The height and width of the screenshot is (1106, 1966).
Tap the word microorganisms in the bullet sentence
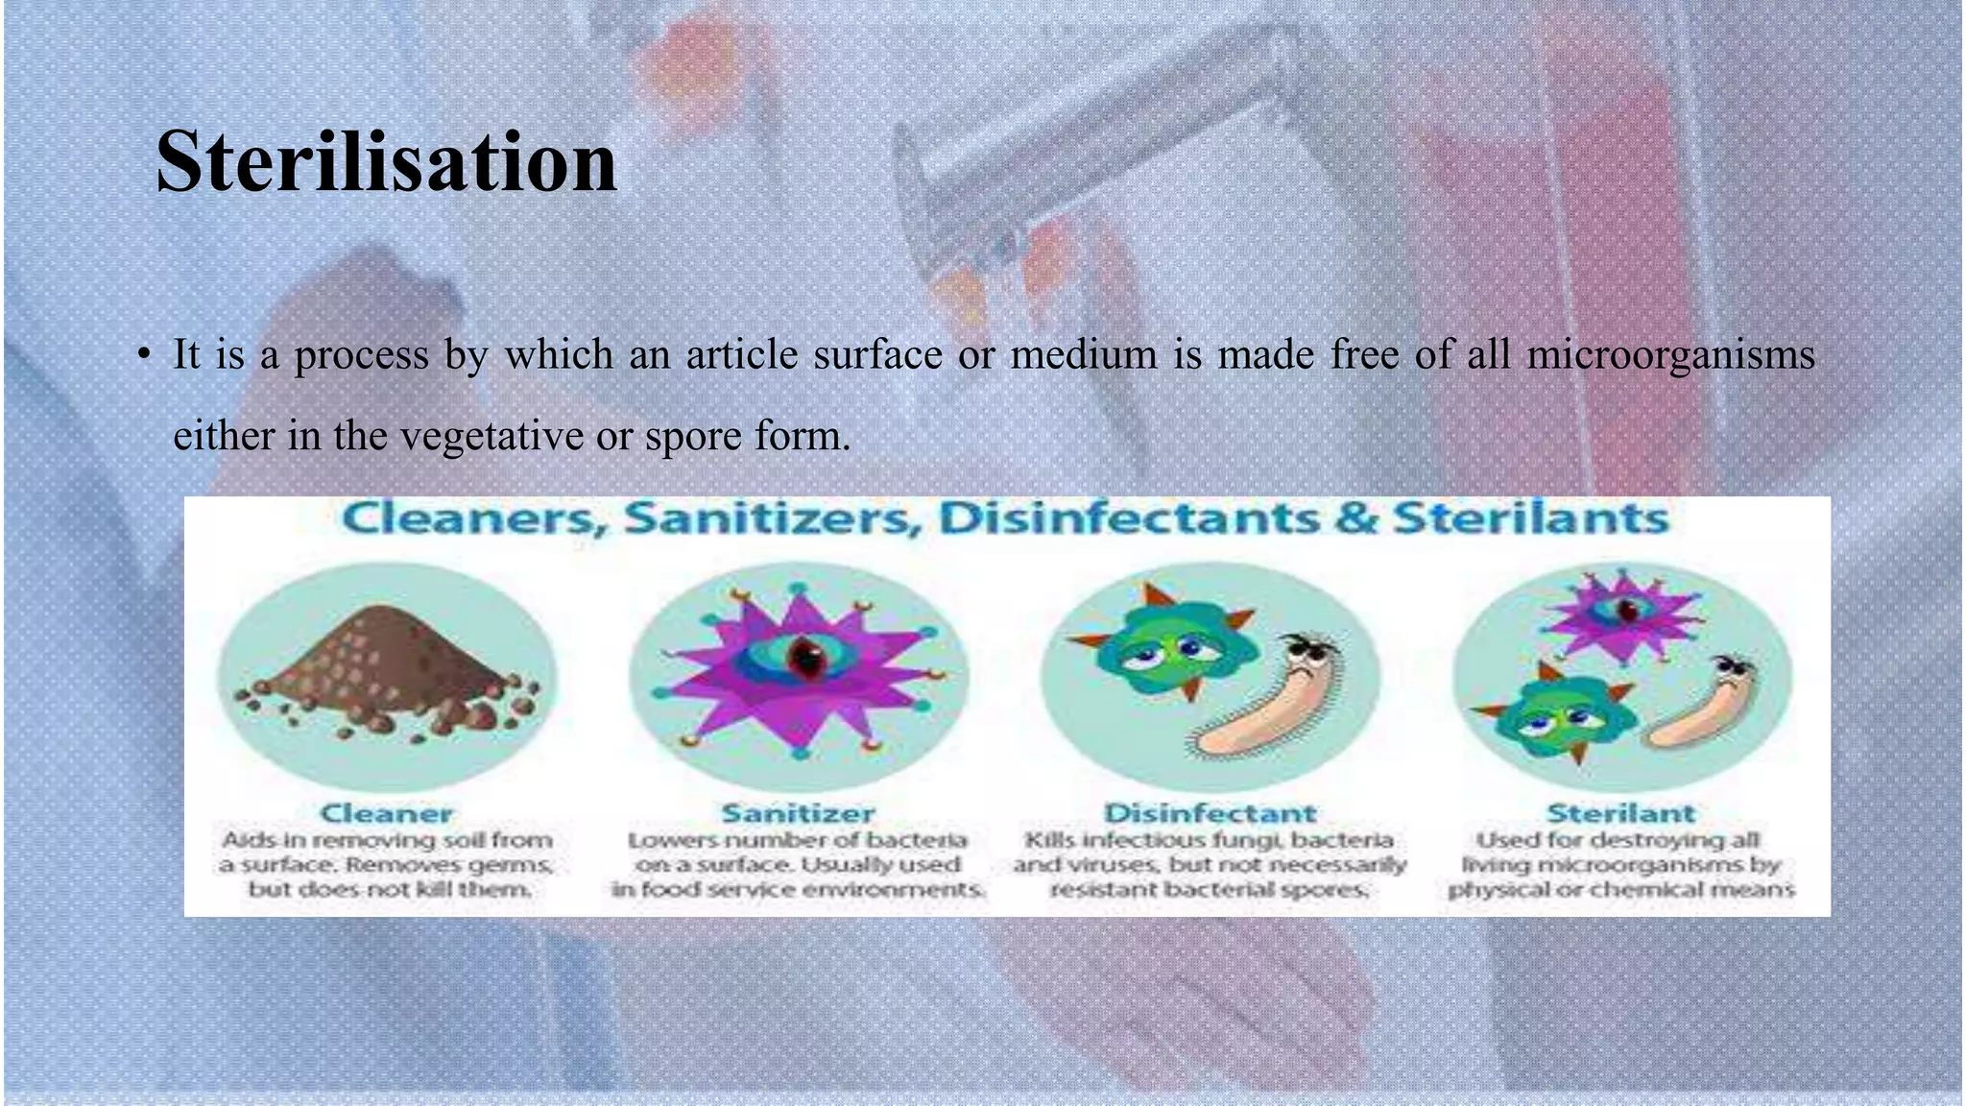1670,355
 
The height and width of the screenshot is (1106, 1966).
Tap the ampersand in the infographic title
1355,518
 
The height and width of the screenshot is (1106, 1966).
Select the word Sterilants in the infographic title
1530,518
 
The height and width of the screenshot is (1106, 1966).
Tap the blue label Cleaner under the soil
386,814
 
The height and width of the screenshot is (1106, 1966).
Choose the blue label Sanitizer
798,814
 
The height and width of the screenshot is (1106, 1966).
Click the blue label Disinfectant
1210,814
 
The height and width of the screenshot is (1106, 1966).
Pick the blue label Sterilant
1620,814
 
